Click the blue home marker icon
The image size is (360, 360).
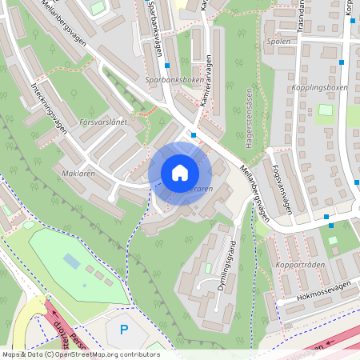(180, 173)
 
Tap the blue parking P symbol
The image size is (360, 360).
(123, 329)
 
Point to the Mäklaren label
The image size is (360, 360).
(78, 173)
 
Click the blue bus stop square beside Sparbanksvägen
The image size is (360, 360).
(167, 66)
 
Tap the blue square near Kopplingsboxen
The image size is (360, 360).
(341, 62)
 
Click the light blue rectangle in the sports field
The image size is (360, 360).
(72, 261)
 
